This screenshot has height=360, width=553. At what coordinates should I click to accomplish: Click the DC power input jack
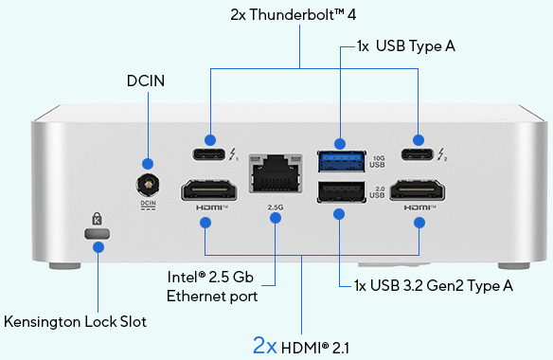147,183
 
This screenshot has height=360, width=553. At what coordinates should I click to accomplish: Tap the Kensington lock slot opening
97,233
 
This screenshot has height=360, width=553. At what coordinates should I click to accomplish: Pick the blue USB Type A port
338,158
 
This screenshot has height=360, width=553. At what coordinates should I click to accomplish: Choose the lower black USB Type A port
338,192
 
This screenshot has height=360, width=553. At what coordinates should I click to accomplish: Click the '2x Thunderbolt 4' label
301,15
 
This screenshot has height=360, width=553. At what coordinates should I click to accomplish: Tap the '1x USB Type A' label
407,45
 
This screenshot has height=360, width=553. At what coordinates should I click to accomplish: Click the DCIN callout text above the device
146,81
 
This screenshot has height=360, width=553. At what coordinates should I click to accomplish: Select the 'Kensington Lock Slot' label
76,321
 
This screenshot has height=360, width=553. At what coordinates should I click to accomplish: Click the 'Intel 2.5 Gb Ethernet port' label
212,287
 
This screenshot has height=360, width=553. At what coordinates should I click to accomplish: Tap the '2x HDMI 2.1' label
301,345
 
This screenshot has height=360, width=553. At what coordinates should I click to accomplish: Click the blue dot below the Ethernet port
276,219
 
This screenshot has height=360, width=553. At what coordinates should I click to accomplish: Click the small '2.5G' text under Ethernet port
276,205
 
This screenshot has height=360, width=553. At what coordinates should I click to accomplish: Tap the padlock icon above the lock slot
97,217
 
